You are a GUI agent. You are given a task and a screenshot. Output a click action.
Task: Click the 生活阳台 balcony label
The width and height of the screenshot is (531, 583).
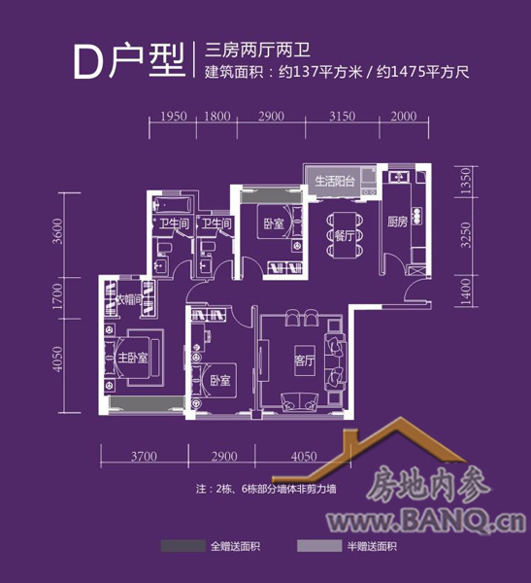point(335,181)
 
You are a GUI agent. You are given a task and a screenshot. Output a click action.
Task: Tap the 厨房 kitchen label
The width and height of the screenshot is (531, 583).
point(398,222)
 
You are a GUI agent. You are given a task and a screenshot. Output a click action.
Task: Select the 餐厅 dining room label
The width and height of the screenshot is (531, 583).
point(344,235)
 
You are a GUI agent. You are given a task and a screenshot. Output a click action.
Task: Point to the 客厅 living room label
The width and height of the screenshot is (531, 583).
point(305,360)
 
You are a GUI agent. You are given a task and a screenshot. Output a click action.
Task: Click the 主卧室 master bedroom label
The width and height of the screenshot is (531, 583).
point(133,358)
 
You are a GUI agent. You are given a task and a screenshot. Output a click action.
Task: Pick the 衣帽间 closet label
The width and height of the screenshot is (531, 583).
point(130,299)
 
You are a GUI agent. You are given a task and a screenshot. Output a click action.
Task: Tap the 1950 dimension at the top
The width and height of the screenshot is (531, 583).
point(173,117)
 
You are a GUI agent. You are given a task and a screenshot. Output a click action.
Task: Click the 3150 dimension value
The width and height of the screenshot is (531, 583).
point(343,117)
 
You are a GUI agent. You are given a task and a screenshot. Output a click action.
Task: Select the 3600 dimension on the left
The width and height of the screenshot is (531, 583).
point(57,231)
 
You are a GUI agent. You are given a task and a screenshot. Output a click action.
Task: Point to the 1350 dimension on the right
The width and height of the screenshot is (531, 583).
point(465,181)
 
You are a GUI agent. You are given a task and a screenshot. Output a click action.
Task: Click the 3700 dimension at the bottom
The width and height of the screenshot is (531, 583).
point(144,457)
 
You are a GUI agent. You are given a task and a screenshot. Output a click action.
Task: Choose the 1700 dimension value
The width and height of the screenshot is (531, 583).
point(57,296)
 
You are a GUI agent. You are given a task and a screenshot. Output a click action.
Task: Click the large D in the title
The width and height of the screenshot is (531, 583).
point(88,62)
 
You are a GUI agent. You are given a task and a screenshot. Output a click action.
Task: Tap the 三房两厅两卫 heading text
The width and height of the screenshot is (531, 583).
point(257,51)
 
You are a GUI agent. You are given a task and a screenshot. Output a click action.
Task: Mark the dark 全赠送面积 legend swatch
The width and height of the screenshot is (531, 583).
point(183,546)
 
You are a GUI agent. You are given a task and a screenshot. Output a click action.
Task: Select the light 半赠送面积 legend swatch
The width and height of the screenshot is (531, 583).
point(319,546)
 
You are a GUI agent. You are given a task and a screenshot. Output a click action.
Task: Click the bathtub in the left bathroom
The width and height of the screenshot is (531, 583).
point(173,204)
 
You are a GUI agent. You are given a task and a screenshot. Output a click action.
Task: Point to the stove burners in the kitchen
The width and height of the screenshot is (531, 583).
point(417,215)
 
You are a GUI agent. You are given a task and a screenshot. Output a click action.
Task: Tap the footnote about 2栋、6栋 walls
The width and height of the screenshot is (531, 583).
point(266,489)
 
